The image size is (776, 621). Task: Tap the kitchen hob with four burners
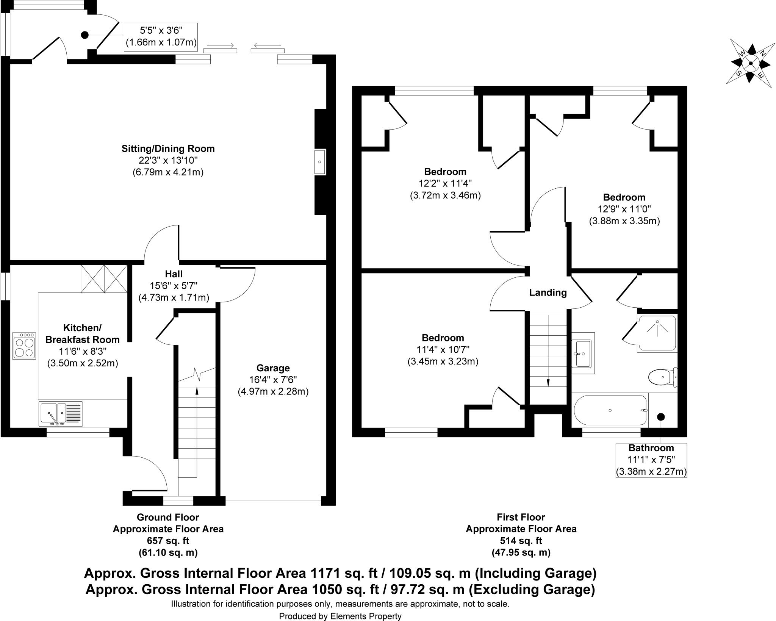click(24, 346)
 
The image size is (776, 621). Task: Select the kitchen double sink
click(61, 413)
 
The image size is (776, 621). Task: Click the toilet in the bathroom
click(662, 377)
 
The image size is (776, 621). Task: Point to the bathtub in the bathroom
click(610, 411)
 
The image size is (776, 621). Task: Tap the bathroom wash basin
click(583, 354)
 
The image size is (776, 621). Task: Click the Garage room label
click(273, 368)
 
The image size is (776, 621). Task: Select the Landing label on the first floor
click(548, 293)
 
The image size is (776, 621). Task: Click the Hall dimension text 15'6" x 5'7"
click(174, 286)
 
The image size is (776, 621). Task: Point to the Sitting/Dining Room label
click(168, 149)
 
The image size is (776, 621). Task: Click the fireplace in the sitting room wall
click(320, 162)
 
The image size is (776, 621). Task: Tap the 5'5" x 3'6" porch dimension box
click(161, 36)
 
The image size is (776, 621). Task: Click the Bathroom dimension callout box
click(651, 460)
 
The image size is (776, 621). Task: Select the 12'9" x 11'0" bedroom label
click(624, 209)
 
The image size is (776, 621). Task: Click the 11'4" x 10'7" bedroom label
click(443, 349)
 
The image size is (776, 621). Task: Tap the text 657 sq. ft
click(168, 541)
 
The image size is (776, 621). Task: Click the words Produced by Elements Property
click(340, 616)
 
